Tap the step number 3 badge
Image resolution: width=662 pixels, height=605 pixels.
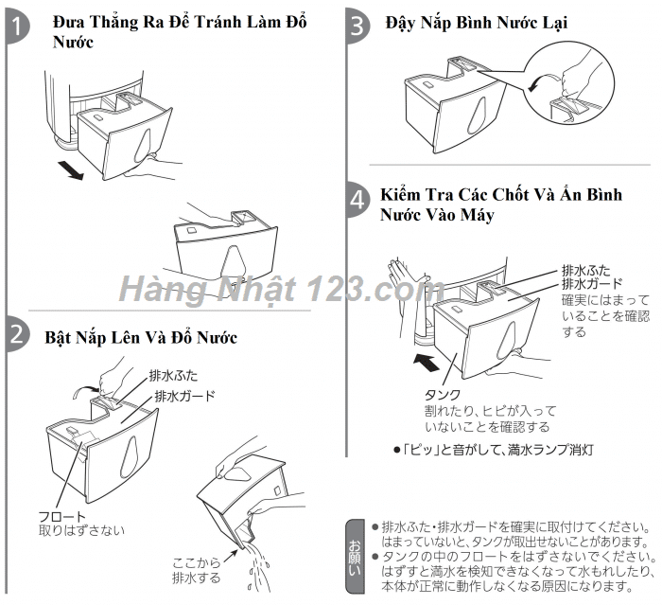pos(357,26)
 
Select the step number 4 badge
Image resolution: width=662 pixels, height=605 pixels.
pos(357,200)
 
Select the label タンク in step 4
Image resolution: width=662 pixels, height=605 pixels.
pos(442,395)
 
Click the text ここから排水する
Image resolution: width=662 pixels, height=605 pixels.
pos(197,569)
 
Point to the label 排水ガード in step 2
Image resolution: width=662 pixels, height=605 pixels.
pos(183,395)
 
